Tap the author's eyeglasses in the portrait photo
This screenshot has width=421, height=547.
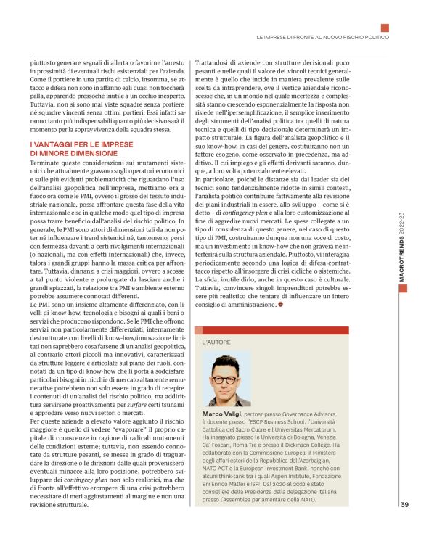[225, 379]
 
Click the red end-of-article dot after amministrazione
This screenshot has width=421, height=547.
[282, 305]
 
